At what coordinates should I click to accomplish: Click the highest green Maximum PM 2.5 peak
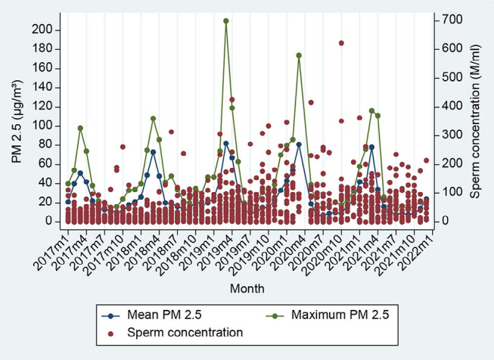226,21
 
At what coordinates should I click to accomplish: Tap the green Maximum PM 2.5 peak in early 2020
299,55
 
